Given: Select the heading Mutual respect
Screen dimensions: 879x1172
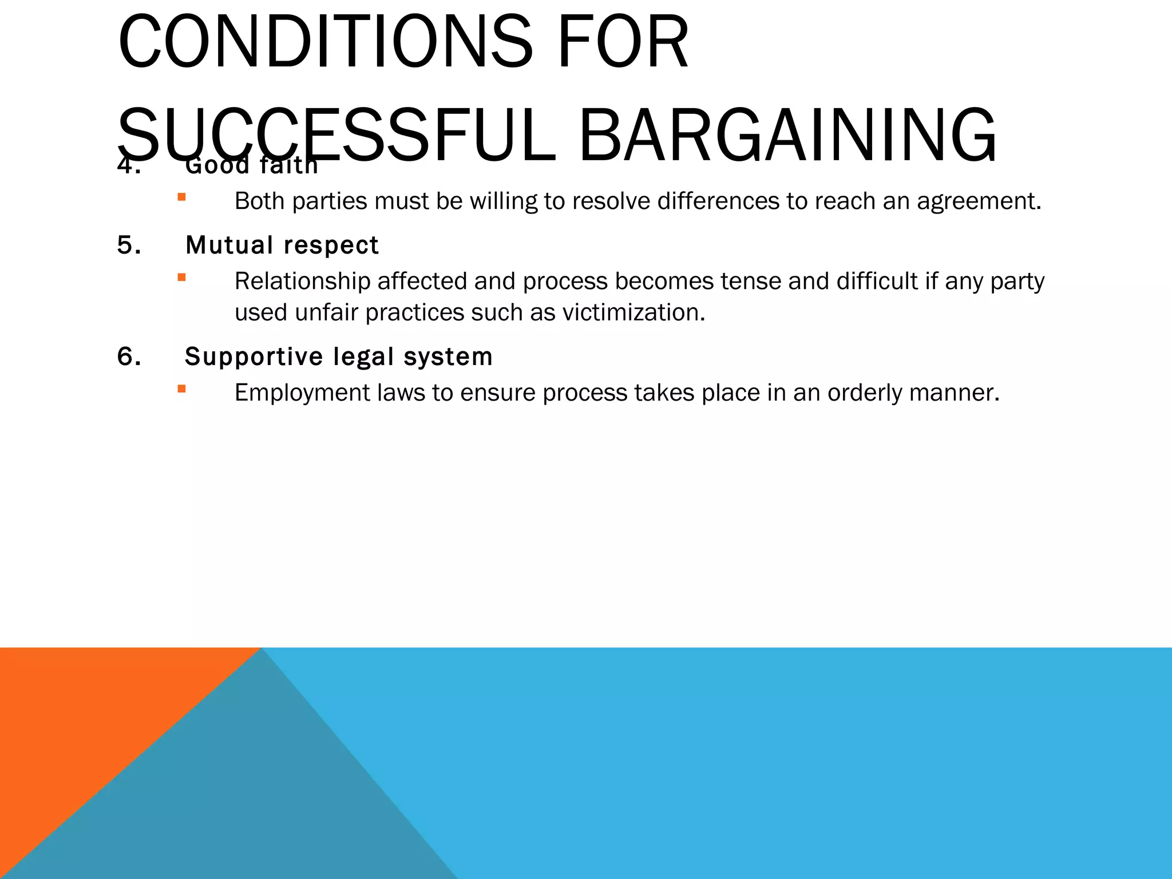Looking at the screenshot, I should coord(282,245).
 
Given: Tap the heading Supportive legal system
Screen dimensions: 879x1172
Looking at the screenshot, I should coord(338,357).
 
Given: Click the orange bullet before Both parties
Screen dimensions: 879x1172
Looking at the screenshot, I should coord(181,197).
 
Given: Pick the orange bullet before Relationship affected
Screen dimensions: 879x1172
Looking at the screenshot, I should coord(181,278).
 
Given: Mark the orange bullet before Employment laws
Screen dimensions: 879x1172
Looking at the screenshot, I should coord(181,389).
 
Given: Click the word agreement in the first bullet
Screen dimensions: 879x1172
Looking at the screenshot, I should coord(979,201).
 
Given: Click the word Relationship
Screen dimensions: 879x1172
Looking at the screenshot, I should coord(302,282).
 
